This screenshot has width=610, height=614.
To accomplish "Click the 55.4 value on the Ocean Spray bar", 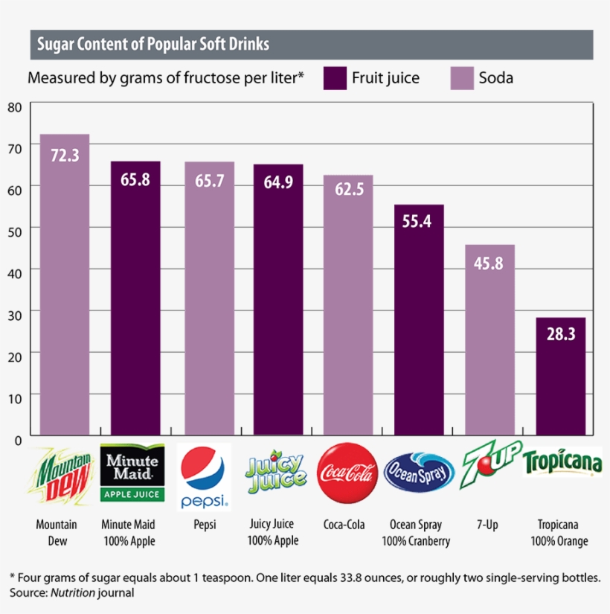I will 418,221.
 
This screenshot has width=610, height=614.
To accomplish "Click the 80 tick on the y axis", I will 15,106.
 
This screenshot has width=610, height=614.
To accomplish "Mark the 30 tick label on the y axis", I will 15,314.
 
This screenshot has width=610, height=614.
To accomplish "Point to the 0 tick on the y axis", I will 18,439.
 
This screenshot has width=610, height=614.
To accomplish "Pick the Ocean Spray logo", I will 419,472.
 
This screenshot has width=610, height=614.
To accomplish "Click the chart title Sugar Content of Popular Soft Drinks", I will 153,45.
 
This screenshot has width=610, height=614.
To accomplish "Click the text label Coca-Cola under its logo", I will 344,525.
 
